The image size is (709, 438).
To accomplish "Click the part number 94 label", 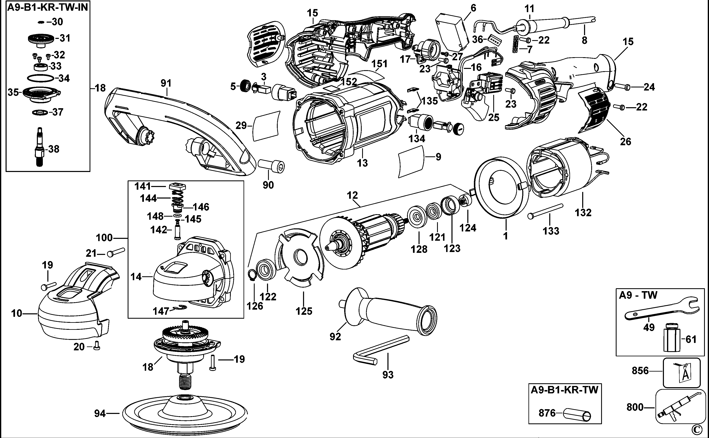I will tap(100, 413).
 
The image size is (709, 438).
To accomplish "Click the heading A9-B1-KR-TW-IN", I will tap(48, 7).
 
